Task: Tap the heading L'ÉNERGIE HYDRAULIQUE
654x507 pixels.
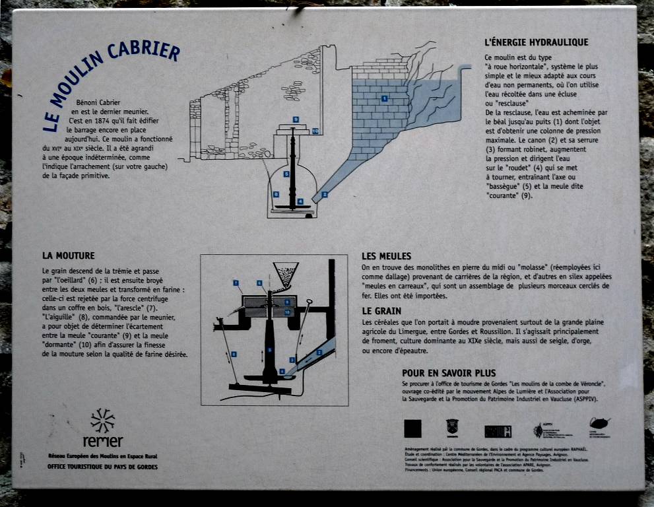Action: click(x=536, y=42)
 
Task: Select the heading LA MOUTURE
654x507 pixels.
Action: click(x=68, y=255)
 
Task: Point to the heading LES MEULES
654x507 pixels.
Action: click(x=386, y=256)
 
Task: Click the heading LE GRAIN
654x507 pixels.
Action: click(x=382, y=310)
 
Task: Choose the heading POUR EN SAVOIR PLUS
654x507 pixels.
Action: click(x=449, y=373)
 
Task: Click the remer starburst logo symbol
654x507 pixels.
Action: click(x=102, y=421)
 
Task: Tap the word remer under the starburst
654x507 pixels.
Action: click(x=102, y=441)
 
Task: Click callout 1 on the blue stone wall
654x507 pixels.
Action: click(x=383, y=98)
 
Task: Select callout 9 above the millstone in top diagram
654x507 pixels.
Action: click(x=296, y=119)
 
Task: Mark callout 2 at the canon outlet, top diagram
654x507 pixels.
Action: click(x=324, y=195)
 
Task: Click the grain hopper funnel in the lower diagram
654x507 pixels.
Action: click(x=285, y=273)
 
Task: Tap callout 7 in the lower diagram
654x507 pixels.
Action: click(x=236, y=283)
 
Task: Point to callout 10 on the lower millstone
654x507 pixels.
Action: click(x=287, y=312)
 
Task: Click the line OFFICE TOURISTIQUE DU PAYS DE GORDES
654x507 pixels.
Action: click(x=102, y=467)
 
